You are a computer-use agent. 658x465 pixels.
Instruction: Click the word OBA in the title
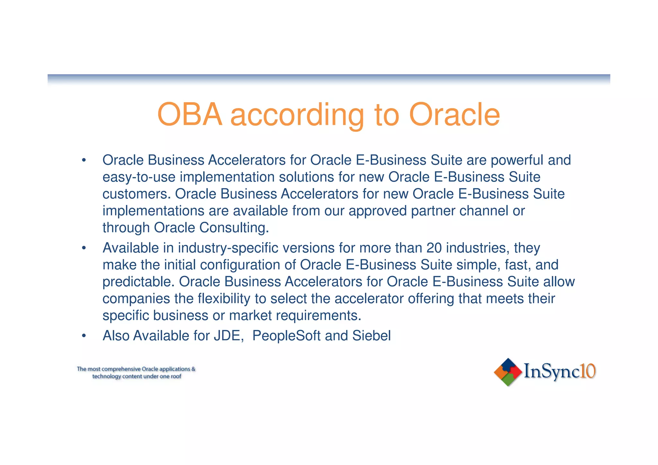tap(190, 115)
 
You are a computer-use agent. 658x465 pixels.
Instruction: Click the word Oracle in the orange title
tap(454, 115)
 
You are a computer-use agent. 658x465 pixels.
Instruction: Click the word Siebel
tap(371, 336)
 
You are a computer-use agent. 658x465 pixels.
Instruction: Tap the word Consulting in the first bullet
tap(234, 228)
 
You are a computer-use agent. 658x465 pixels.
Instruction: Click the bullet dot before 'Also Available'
tap(84, 336)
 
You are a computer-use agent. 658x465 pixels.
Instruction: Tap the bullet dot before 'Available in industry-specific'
tap(84, 248)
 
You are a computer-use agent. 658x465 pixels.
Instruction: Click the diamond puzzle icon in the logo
tap(508, 372)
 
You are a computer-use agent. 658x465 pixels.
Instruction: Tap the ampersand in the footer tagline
tap(193, 369)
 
